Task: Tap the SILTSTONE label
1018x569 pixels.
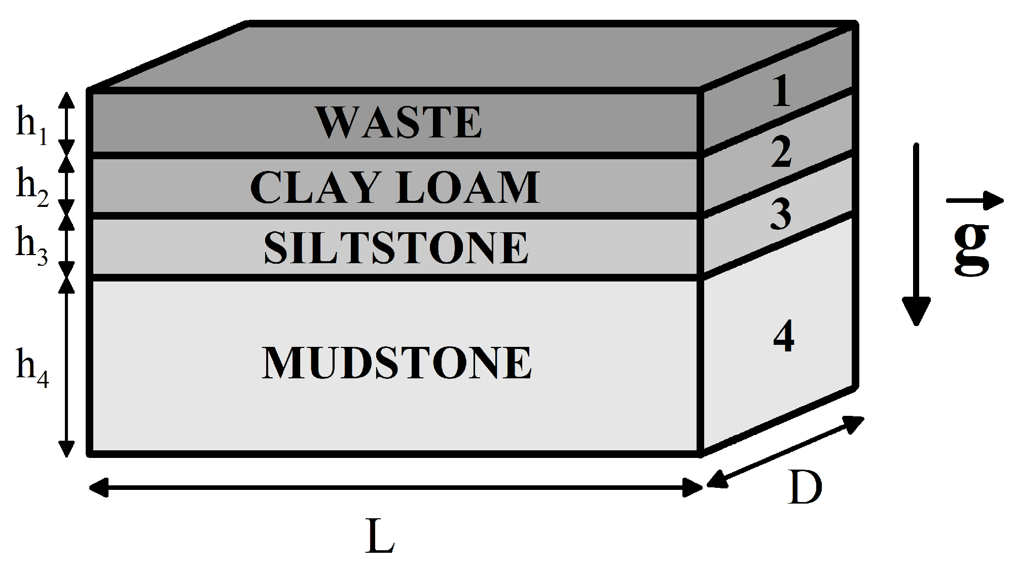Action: tap(396, 248)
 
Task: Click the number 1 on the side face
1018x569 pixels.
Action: tap(781, 92)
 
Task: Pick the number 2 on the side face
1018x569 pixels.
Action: tap(781, 152)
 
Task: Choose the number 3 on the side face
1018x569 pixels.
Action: tap(781, 214)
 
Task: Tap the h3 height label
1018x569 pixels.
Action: tap(31, 245)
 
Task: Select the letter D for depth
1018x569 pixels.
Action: tap(805, 488)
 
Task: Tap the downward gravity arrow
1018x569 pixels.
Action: tap(916, 233)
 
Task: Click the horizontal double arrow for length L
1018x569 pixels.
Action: tap(395, 488)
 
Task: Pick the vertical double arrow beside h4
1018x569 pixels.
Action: tap(66, 367)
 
